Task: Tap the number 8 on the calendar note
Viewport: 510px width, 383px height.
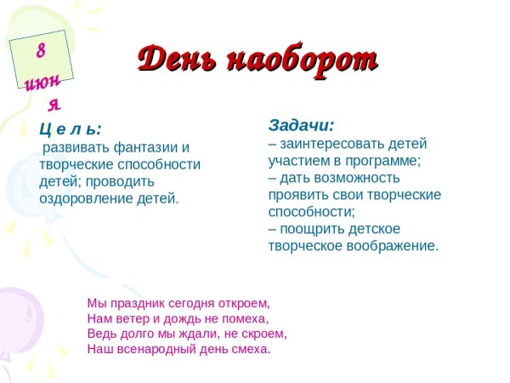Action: click(40, 50)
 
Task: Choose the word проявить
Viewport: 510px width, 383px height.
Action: click(296, 195)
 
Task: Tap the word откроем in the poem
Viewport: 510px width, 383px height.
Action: click(241, 302)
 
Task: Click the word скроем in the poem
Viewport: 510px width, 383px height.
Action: click(263, 333)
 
